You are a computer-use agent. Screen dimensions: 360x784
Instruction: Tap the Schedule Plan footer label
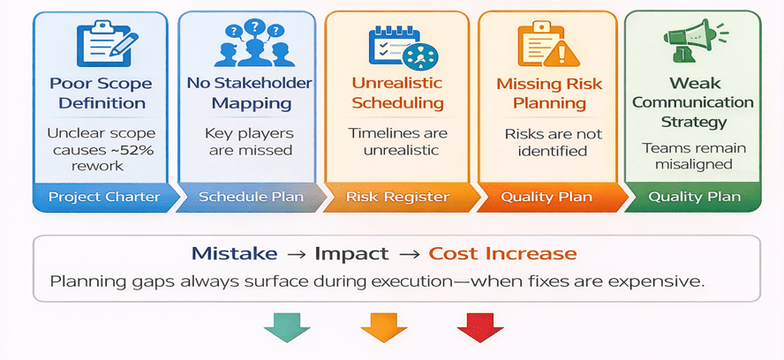252,197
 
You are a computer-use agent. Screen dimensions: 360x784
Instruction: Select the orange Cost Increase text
502,254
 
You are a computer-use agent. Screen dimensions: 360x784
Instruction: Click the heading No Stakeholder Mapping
251,93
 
